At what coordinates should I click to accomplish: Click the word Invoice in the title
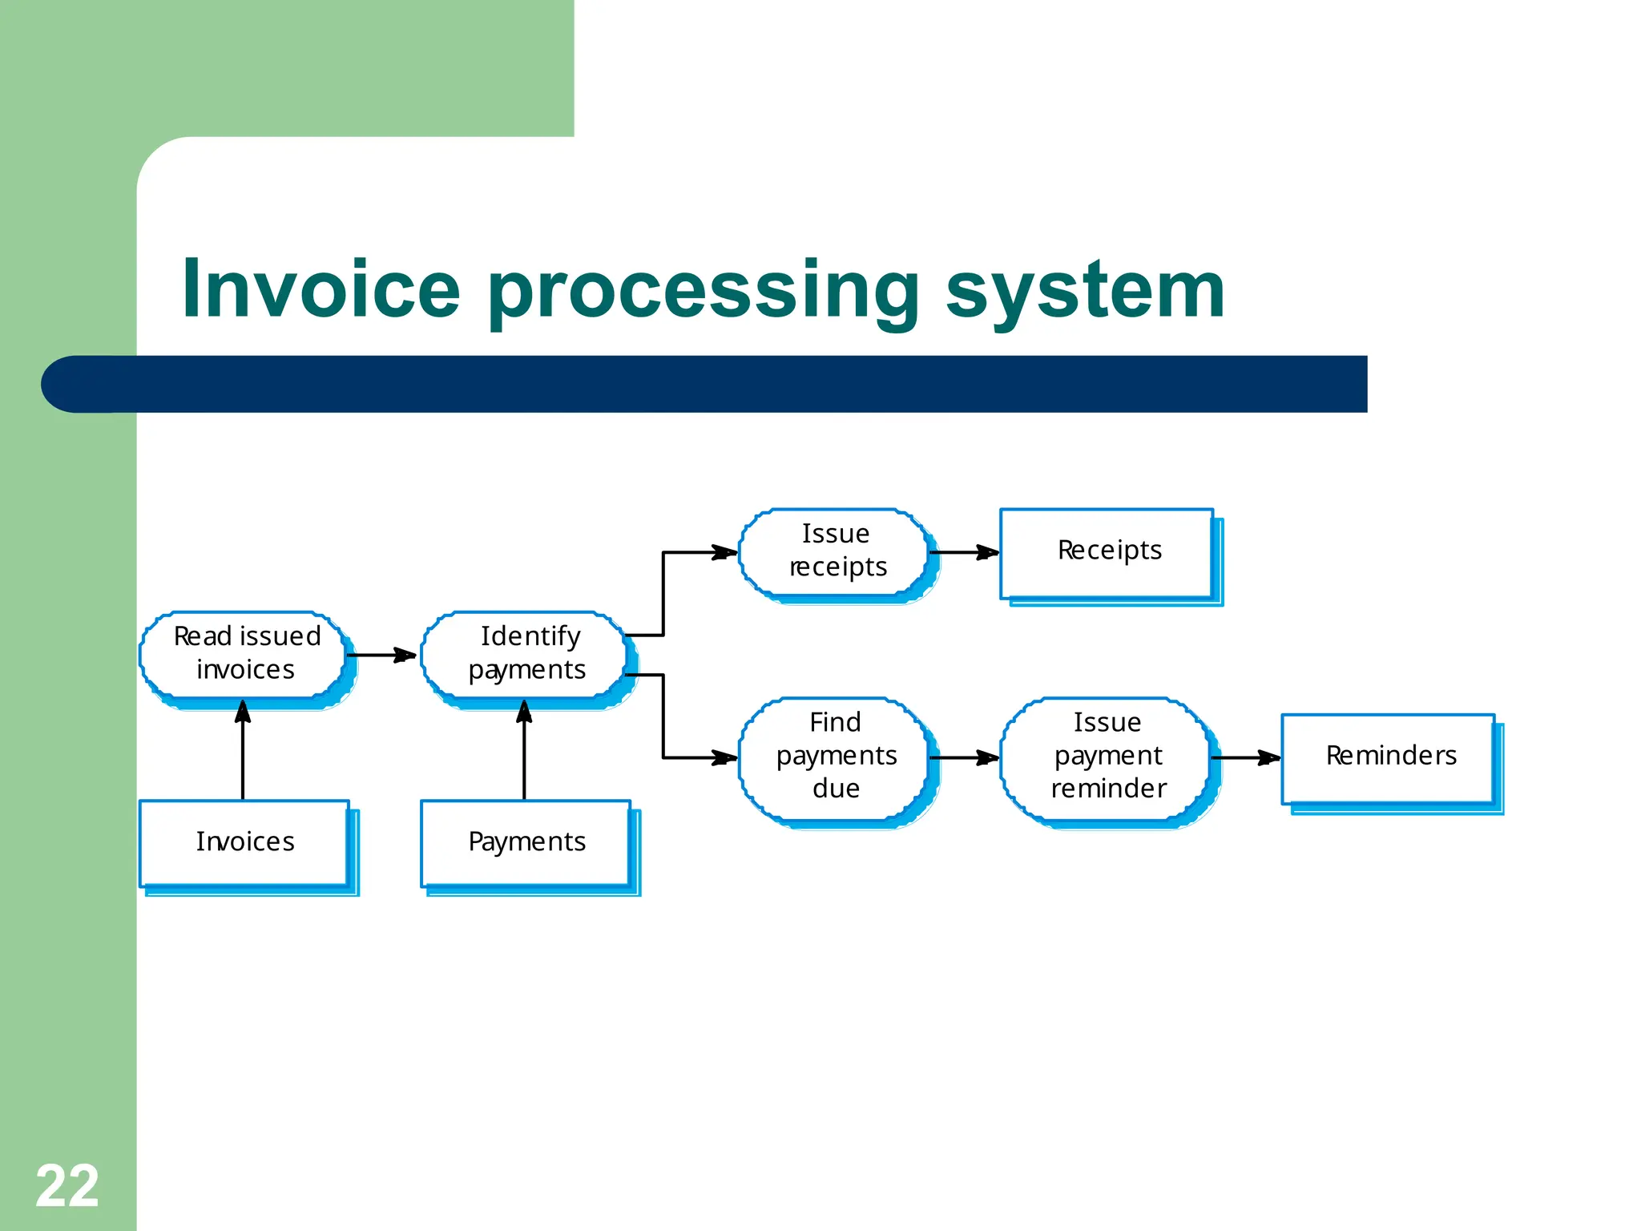(x=321, y=289)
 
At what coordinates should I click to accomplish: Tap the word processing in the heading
(x=703, y=293)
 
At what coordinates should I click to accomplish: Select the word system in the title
(x=1085, y=293)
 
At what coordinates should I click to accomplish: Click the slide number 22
(x=67, y=1186)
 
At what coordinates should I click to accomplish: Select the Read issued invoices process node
(x=245, y=654)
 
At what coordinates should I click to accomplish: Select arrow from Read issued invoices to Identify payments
(x=381, y=655)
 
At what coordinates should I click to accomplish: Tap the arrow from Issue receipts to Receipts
(x=965, y=552)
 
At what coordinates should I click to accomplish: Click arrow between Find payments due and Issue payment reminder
(x=965, y=757)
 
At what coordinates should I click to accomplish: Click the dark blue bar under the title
(x=705, y=384)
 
